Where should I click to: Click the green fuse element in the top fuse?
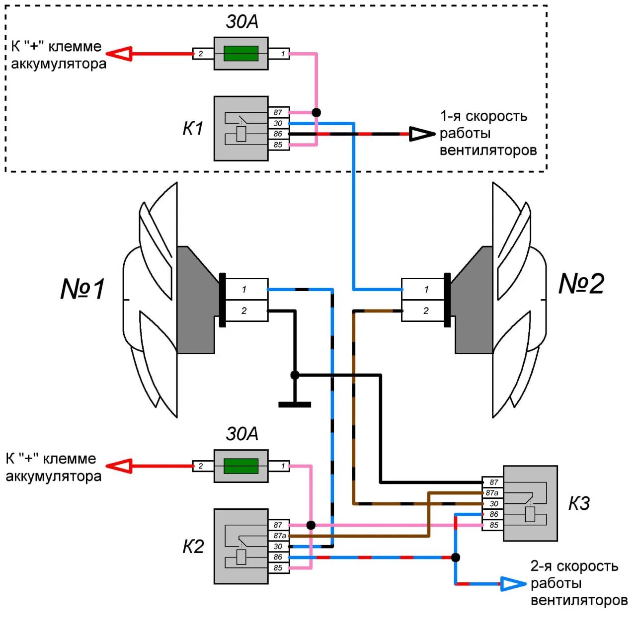(x=241, y=53)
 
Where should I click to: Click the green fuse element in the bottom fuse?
(x=241, y=466)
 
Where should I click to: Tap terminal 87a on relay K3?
(x=492, y=493)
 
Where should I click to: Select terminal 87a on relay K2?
(x=279, y=536)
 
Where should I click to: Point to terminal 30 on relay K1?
(x=278, y=123)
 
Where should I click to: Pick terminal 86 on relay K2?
(x=278, y=557)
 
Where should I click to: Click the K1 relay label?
(x=193, y=129)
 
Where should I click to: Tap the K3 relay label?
(x=579, y=503)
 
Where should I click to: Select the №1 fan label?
(x=82, y=289)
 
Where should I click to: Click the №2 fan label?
(x=581, y=284)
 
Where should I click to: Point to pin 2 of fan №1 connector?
(x=244, y=311)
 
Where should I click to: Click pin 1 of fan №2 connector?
(x=426, y=289)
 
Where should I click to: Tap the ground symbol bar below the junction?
(x=295, y=404)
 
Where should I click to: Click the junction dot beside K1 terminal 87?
(x=316, y=113)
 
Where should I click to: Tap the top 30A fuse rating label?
(x=242, y=22)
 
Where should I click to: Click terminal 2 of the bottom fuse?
(x=201, y=466)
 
